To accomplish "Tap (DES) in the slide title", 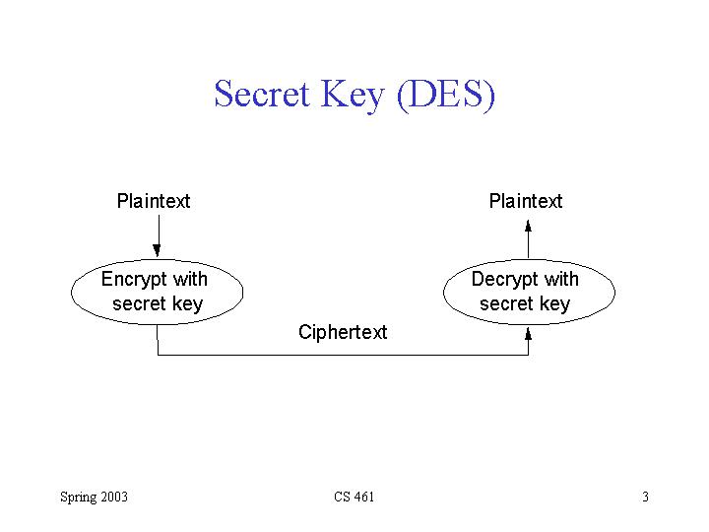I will pos(446,95).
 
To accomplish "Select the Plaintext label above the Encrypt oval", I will pos(154,201).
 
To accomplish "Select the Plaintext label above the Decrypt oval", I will pos(526,201).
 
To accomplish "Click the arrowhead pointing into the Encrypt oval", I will pos(157,250).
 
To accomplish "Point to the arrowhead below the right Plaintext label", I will pos(529,225).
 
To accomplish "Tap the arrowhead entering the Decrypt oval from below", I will pos(529,333).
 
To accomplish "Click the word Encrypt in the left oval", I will pos(135,280).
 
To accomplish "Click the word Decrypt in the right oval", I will pos(505,280).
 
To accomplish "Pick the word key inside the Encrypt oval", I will pos(186,303).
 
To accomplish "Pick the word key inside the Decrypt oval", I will pos(553,303).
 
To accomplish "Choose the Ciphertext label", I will pos(343,332).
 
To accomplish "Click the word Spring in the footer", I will pos(78,497).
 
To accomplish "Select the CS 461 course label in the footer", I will pos(354,497).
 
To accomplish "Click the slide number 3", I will pos(645,497).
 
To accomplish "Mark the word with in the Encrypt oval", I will pos(190,280).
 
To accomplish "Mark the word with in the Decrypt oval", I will pos(561,280).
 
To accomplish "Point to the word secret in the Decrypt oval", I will pos(506,303).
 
